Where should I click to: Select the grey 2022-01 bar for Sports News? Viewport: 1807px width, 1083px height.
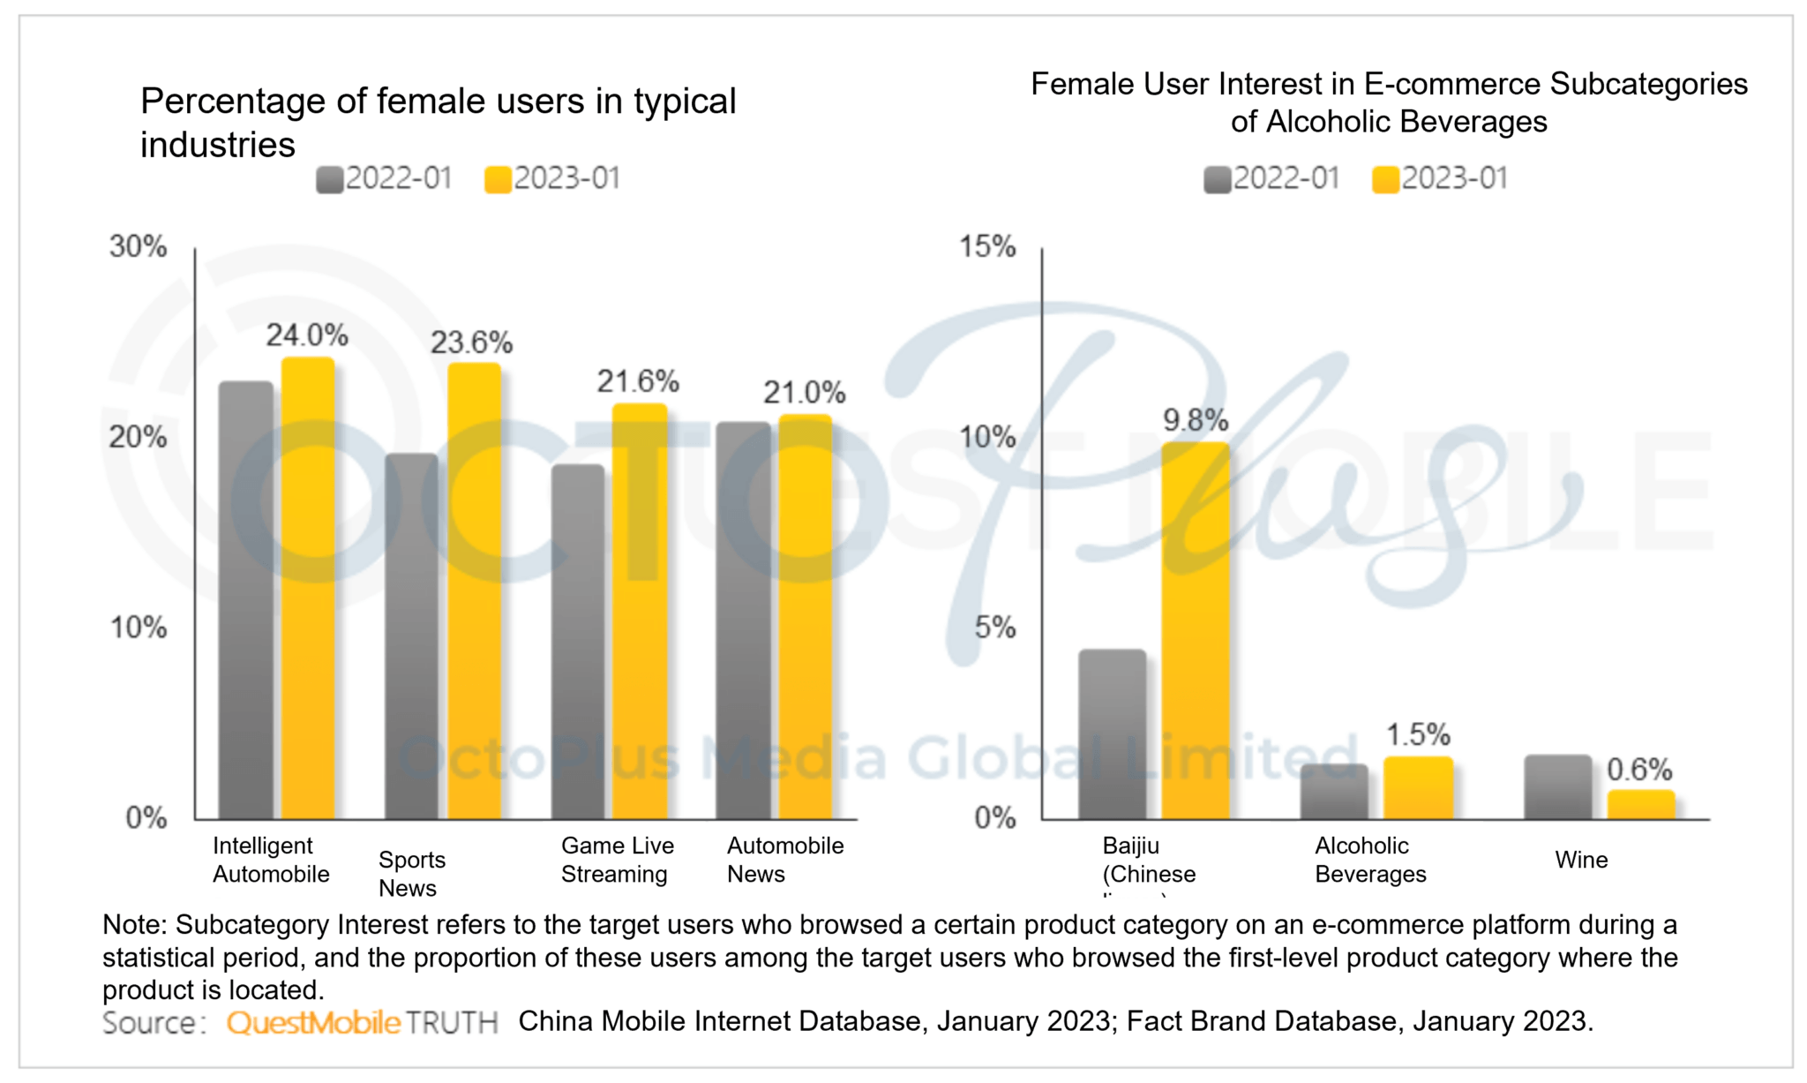(x=411, y=636)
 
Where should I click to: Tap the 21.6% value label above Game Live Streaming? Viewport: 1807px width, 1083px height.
(x=638, y=381)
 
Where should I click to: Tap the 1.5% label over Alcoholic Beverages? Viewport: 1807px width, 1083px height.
(x=1418, y=734)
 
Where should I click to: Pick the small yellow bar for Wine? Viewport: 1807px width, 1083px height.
(x=1641, y=804)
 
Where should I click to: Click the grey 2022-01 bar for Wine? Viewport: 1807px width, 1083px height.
(x=1558, y=786)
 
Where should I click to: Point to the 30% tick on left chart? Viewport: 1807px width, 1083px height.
(x=139, y=246)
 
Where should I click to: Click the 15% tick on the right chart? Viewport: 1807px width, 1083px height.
(x=988, y=246)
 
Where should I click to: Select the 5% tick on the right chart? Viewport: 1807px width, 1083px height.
(x=995, y=628)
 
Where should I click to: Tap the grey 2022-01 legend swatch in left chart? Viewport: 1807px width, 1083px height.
(x=330, y=180)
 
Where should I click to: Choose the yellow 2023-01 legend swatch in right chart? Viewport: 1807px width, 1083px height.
(x=1386, y=180)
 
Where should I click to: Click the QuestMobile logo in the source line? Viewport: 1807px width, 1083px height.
(x=313, y=1022)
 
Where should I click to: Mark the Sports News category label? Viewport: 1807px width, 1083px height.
(x=411, y=873)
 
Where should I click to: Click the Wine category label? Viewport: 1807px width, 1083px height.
(x=1581, y=860)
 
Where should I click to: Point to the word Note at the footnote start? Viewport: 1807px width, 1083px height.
(x=134, y=925)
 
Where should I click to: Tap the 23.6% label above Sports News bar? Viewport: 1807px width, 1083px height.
(x=471, y=342)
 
